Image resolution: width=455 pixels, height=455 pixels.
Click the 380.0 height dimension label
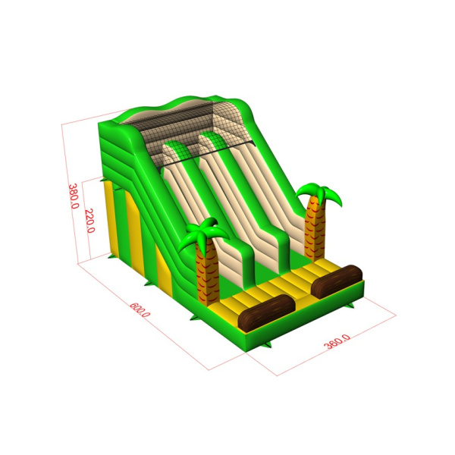pyautogui.click(x=74, y=196)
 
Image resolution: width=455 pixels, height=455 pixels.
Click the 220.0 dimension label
pyautogui.click(x=90, y=221)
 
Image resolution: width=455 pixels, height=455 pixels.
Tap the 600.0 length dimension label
pyautogui.click(x=140, y=309)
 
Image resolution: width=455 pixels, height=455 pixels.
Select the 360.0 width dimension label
pyautogui.click(x=337, y=341)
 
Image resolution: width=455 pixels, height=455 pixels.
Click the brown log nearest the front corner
pyautogui.click(x=266, y=312)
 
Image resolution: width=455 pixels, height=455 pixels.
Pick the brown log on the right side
pyautogui.click(x=337, y=281)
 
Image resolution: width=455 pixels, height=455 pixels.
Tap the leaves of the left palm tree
pyautogui.click(x=205, y=233)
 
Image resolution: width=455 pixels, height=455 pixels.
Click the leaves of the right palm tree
pyautogui.click(x=319, y=193)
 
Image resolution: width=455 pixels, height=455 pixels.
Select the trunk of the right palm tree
pyautogui.click(x=315, y=229)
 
